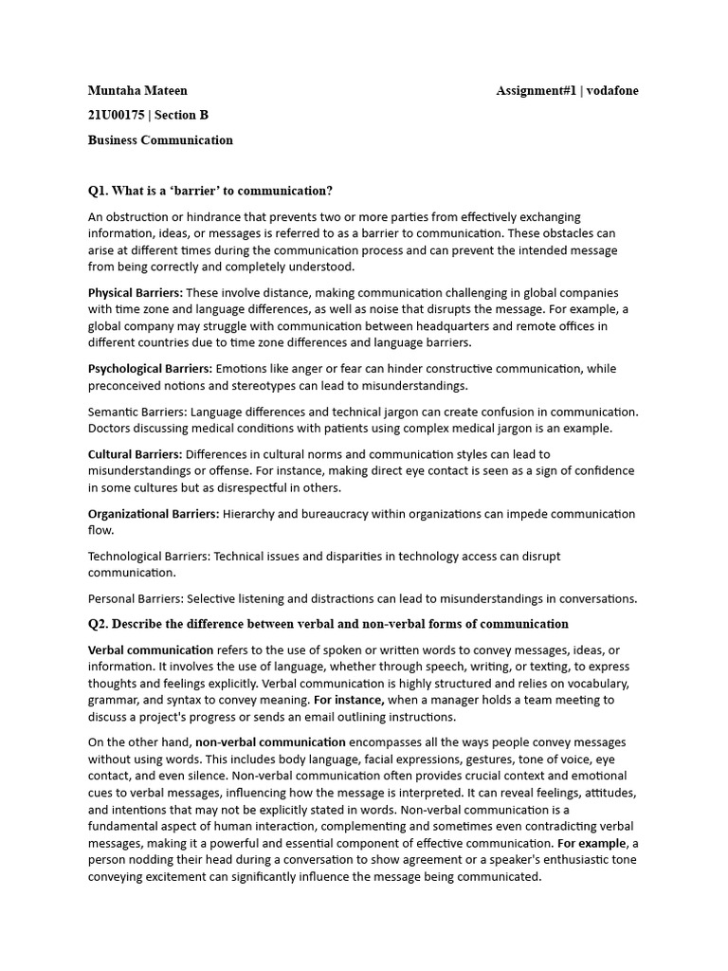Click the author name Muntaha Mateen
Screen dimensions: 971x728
tap(137, 91)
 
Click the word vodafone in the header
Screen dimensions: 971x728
tap(613, 91)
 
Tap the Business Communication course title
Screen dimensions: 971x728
tap(160, 140)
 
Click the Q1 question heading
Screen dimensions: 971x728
tap(210, 191)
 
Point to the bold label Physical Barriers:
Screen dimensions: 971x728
tap(136, 292)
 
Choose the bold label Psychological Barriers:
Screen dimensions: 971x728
tap(150, 369)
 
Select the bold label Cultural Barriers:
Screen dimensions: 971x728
tap(135, 454)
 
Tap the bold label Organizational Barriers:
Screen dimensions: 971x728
tap(154, 514)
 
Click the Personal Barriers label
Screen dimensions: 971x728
tap(135, 599)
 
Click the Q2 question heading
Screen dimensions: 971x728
tap(328, 624)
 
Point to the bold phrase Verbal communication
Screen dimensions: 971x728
tap(151, 650)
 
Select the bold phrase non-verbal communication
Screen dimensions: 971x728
tap(270, 742)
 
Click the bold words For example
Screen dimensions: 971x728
tap(591, 843)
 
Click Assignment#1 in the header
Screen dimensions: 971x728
tap(537, 91)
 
